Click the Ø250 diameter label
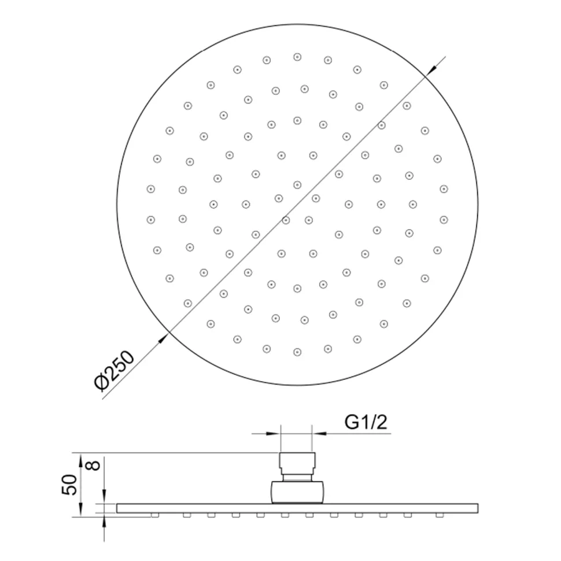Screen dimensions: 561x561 coord(115,370)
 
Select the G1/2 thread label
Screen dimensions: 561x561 coord(366,422)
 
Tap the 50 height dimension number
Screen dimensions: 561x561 coord(69,485)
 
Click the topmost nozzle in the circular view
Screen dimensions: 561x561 coord(297,57)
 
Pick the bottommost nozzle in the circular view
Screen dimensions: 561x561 coord(297,352)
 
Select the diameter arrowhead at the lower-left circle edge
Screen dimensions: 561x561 coord(163,338)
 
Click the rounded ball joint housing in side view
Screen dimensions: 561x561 coord(297,492)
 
